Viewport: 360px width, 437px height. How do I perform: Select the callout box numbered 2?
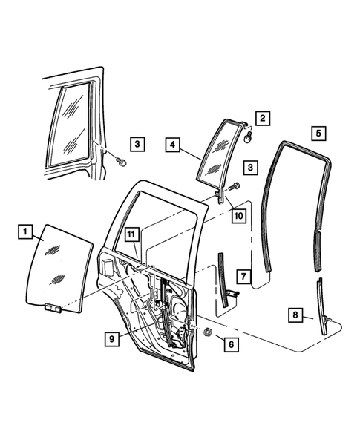[263, 117]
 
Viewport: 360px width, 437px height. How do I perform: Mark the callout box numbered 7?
[243, 276]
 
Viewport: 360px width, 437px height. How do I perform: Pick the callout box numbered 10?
[238, 215]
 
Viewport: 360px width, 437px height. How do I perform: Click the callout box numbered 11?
[131, 236]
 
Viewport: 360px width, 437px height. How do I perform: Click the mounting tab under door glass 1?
[51, 308]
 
